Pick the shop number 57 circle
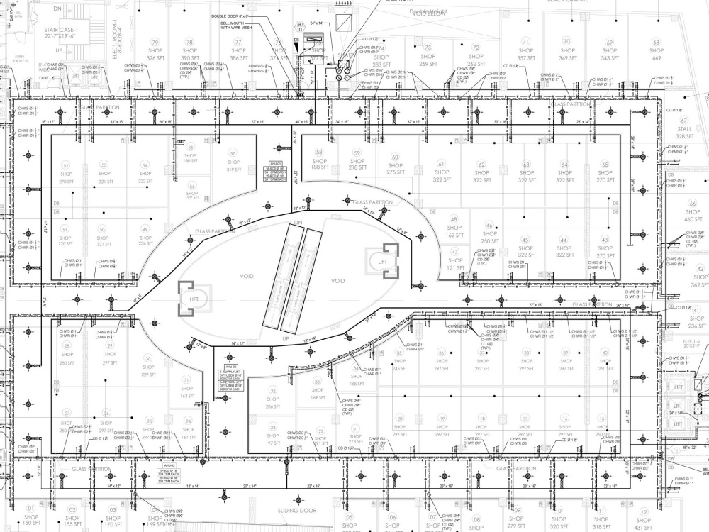coord(232,153)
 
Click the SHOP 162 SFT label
coord(454,231)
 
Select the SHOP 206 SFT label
coord(273,402)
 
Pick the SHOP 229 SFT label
coord(148,370)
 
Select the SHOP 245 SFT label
coord(399,364)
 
